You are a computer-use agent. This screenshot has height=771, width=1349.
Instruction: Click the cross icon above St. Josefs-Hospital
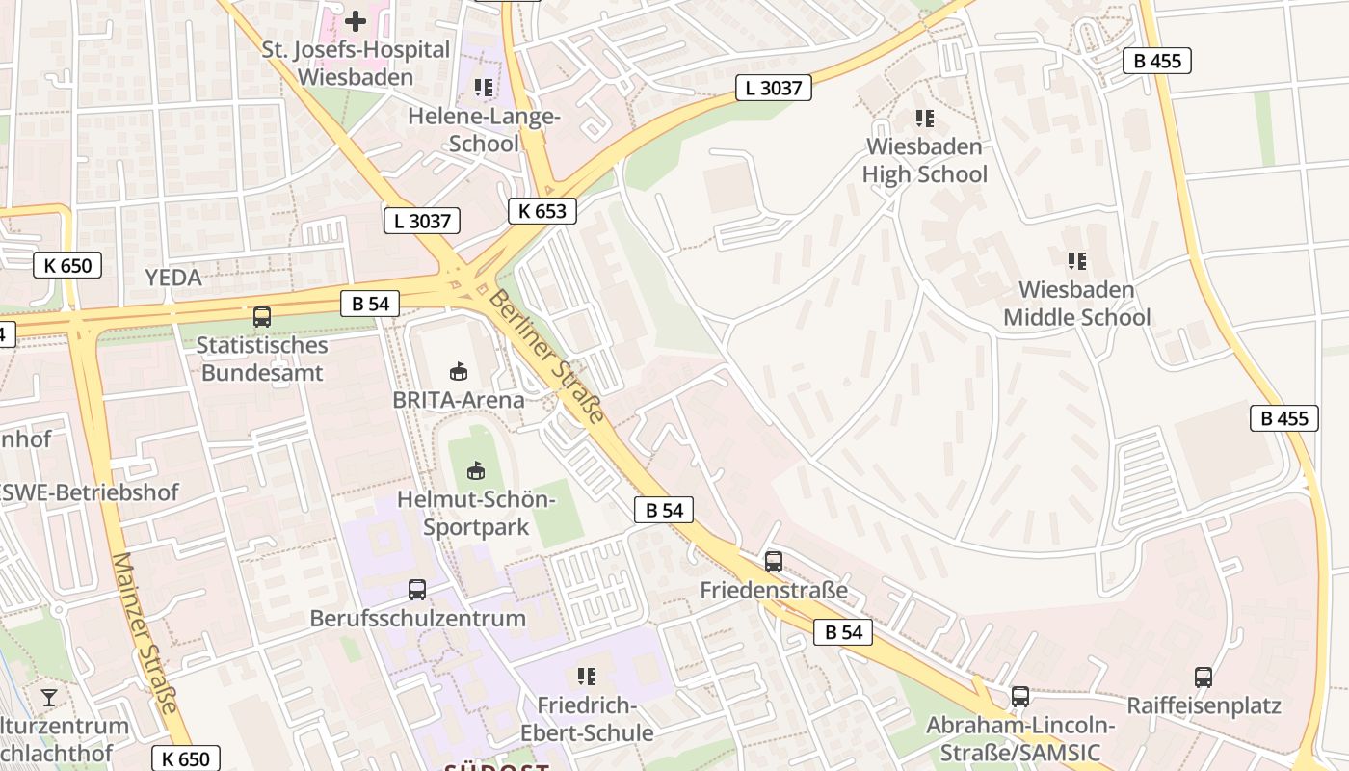pos(356,20)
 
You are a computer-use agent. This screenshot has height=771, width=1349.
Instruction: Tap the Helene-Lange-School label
pos(484,129)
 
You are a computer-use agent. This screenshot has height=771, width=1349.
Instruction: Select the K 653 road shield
pos(542,211)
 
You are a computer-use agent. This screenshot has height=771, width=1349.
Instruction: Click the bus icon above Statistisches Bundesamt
pos(261,316)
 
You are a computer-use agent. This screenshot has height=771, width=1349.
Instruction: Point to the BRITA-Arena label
pos(459,399)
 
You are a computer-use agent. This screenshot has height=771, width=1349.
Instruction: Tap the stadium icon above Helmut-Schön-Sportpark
pos(475,470)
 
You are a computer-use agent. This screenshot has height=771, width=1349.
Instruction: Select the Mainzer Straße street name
pos(145,632)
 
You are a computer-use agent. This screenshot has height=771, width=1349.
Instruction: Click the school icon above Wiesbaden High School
pos(924,119)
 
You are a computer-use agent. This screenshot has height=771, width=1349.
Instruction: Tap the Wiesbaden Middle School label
pos(1076,303)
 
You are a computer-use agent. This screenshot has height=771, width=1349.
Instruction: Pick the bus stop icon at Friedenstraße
pos(773,561)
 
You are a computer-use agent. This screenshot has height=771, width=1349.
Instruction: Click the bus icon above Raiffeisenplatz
pos(1203,677)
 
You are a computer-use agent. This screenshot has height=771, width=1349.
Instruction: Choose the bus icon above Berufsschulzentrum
pos(417,589)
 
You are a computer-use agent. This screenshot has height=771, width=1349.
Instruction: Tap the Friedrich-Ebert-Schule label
pos(586,718)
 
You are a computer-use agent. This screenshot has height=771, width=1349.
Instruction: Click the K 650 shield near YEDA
pos(67,265)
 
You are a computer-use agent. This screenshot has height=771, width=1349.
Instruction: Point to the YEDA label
pos(173,278)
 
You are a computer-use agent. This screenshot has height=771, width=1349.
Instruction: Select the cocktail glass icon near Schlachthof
pos(49,697)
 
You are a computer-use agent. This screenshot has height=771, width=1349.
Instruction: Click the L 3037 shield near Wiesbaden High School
pos(774,88)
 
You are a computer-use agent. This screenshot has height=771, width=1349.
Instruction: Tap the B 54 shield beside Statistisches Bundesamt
pos(370,304)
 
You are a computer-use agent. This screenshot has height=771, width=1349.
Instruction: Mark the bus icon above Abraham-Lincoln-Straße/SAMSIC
pos(1019,696)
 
